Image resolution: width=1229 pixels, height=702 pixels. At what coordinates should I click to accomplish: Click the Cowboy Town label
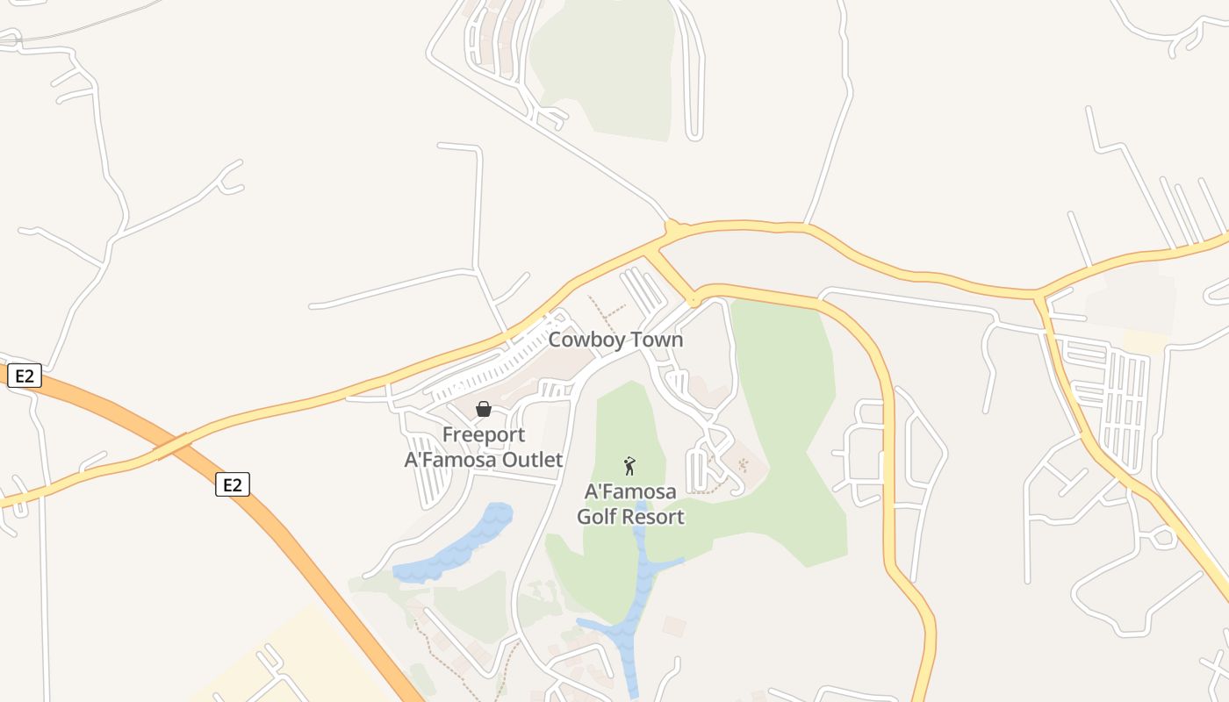coord(615,340)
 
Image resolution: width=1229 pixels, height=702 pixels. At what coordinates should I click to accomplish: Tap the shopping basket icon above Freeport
coord(483,409)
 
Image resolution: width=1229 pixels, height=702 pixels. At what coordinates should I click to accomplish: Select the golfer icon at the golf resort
coord(629,466)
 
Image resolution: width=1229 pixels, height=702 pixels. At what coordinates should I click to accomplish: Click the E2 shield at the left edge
coord(24,376)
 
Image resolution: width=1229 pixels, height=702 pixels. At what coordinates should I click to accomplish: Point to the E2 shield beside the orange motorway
coord(233,484)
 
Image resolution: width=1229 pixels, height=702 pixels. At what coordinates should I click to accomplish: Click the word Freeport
coord(484,434)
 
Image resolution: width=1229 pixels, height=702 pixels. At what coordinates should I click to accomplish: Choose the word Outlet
coord(530,459)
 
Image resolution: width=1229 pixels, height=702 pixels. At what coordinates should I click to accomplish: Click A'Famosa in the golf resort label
coord(630,491)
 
